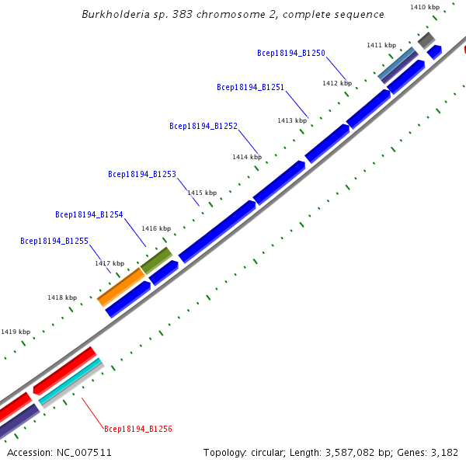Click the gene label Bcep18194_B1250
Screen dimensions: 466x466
290,53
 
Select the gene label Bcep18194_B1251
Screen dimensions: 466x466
250,87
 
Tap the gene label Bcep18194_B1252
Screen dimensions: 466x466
203,126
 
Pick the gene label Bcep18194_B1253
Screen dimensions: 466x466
142,174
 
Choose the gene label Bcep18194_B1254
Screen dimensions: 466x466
89,214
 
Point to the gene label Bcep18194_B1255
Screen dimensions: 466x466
54,241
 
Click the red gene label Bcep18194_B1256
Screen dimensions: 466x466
138,428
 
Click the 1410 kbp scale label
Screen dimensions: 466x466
424,7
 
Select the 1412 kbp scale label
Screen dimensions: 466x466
337,83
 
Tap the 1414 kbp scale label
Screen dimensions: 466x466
246,157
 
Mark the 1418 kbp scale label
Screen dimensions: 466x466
62,297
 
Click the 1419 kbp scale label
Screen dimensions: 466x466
16,332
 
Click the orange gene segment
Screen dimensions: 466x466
120,287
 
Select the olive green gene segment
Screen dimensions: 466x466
156,259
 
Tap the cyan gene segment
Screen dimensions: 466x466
71,381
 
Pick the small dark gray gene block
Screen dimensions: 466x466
426,39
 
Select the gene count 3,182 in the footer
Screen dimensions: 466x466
443,452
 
